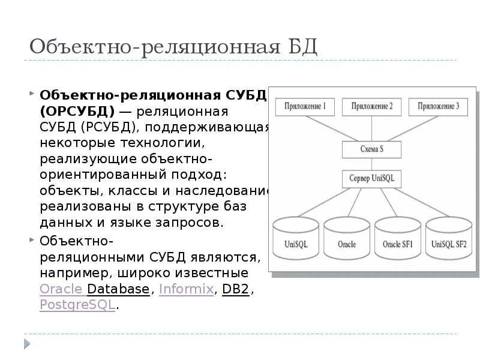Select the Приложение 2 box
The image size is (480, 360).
(x=372, y=107)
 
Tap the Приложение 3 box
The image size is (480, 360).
(x=438, y=107)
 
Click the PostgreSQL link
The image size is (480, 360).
(x=77, y=304)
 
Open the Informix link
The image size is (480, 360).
(x=186, y=289)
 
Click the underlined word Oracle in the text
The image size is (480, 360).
(x=61, y=289)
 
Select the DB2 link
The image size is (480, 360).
(x=235, y=289)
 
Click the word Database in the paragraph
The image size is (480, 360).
(x=118, y=289)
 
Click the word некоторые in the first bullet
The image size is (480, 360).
(x=74, y=143)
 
